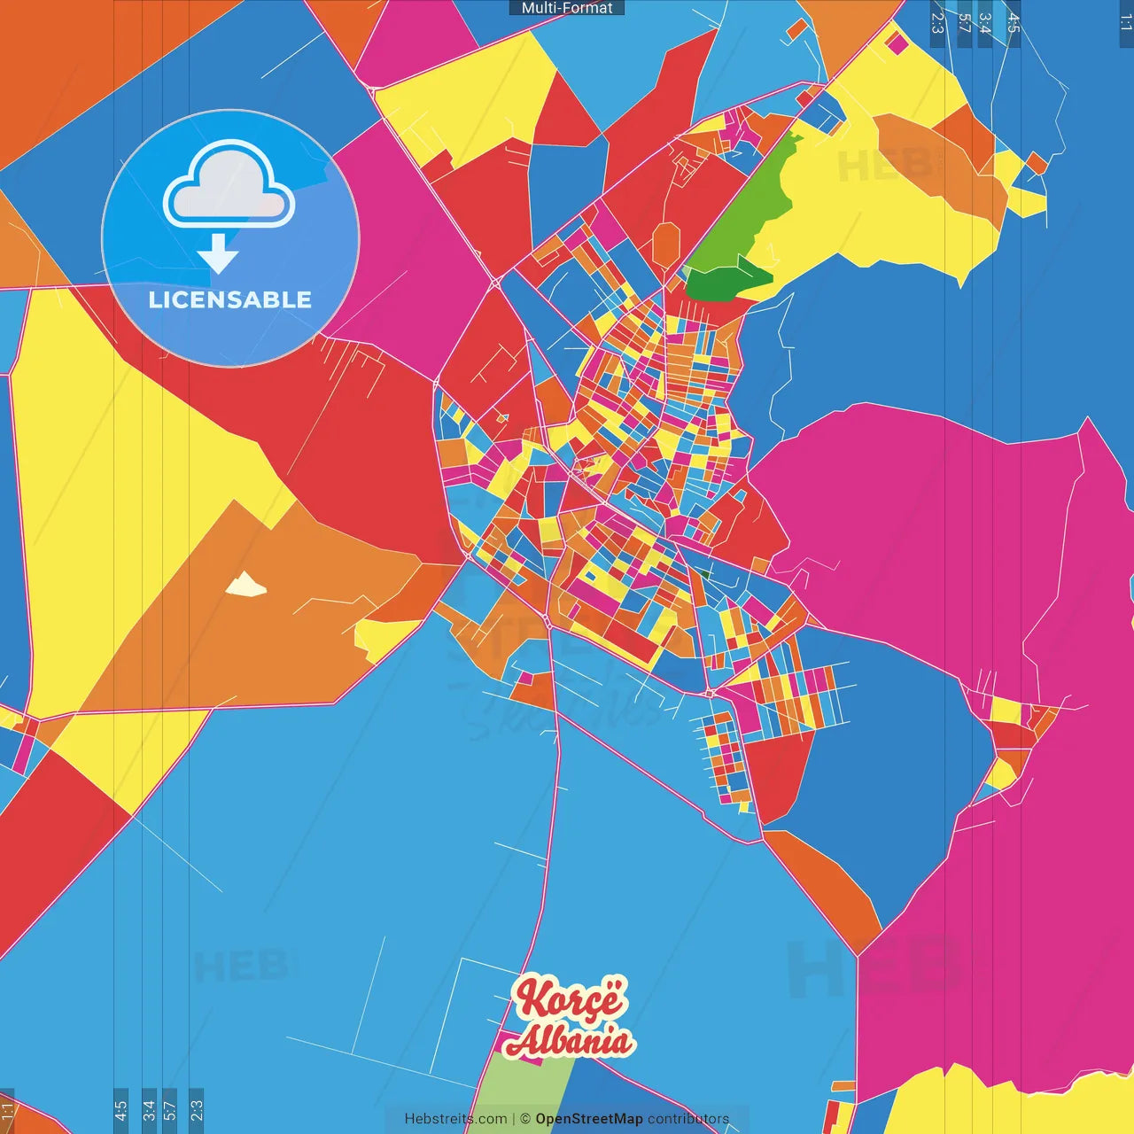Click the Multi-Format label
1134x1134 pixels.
(567, 8)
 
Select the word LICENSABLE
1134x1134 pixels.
(230, 300)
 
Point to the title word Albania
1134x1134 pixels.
(570, 1041)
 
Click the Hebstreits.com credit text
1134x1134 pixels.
(455, 1119)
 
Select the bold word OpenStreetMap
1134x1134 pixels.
(589, 1119)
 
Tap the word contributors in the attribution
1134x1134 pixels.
(688, 1119)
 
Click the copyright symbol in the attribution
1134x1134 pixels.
(525, 1119)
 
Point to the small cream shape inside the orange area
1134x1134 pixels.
(245, 585)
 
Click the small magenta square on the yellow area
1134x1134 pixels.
(897, 42)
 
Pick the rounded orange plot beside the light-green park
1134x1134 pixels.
(666, 244)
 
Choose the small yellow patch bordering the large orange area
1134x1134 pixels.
(381, 636)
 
